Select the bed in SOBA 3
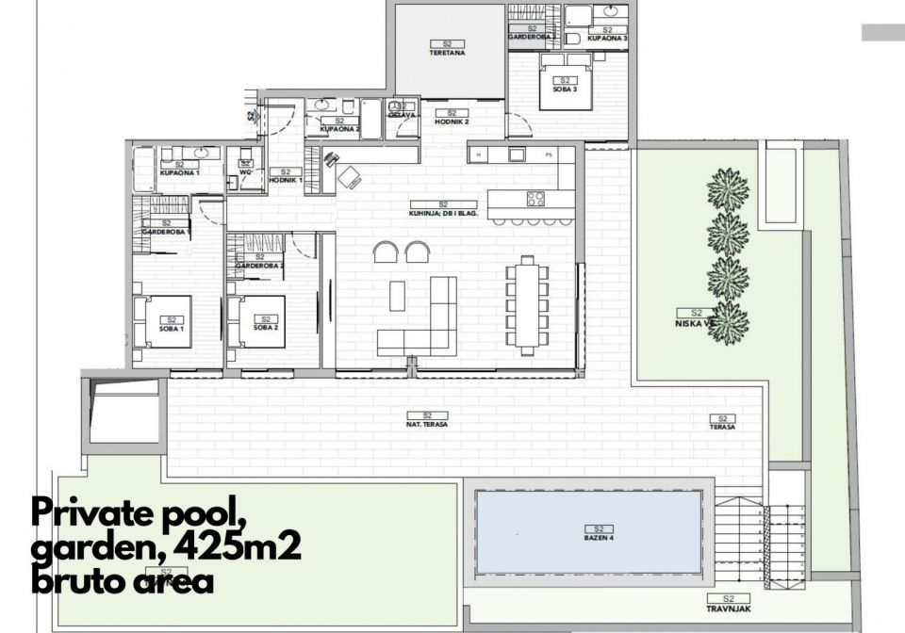[565, 87]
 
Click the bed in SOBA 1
[164, 322]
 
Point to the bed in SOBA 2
[257, 322]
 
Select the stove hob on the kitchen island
[535, 199]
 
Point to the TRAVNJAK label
[728, 604]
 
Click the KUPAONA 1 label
[176, 169]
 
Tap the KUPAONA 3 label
[607, 34]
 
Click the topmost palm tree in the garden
[728, 189]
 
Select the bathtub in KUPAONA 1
[143, 170]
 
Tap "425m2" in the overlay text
[244, 545]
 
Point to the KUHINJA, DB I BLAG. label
[444, 209]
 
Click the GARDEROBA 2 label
[259, 262]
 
